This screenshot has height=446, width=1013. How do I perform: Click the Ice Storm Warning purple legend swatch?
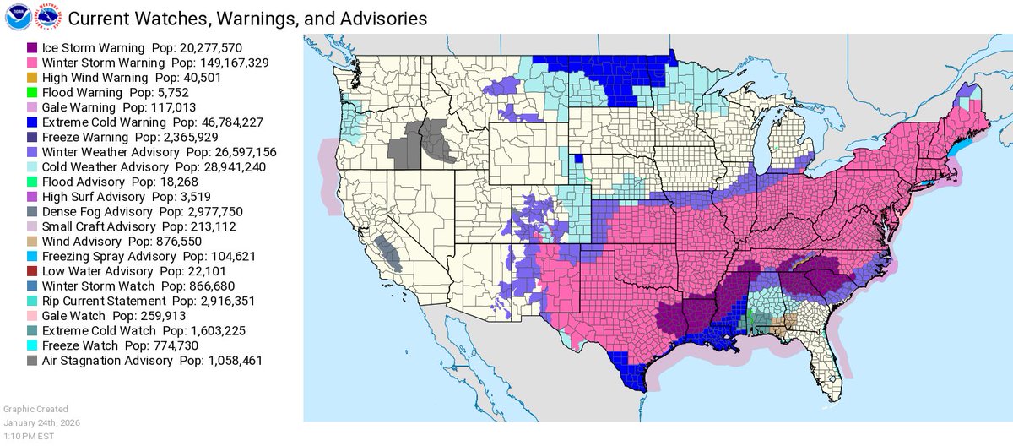point(32,48)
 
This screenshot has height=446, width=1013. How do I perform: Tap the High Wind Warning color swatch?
point(32,78)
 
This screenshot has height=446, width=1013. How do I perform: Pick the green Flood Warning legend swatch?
point(32,92)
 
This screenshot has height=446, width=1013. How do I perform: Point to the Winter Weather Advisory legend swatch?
point(32,152)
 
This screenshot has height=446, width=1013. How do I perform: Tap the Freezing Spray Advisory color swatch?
point(32,256)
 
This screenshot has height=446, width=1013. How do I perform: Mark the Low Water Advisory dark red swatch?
point(32,271)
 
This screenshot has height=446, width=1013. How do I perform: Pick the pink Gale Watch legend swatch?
point(32,316)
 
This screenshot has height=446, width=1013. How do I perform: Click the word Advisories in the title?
point(385,18)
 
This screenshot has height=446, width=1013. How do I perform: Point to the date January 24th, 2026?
point(42,422)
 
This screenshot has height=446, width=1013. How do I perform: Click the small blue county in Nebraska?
point(579,158)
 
